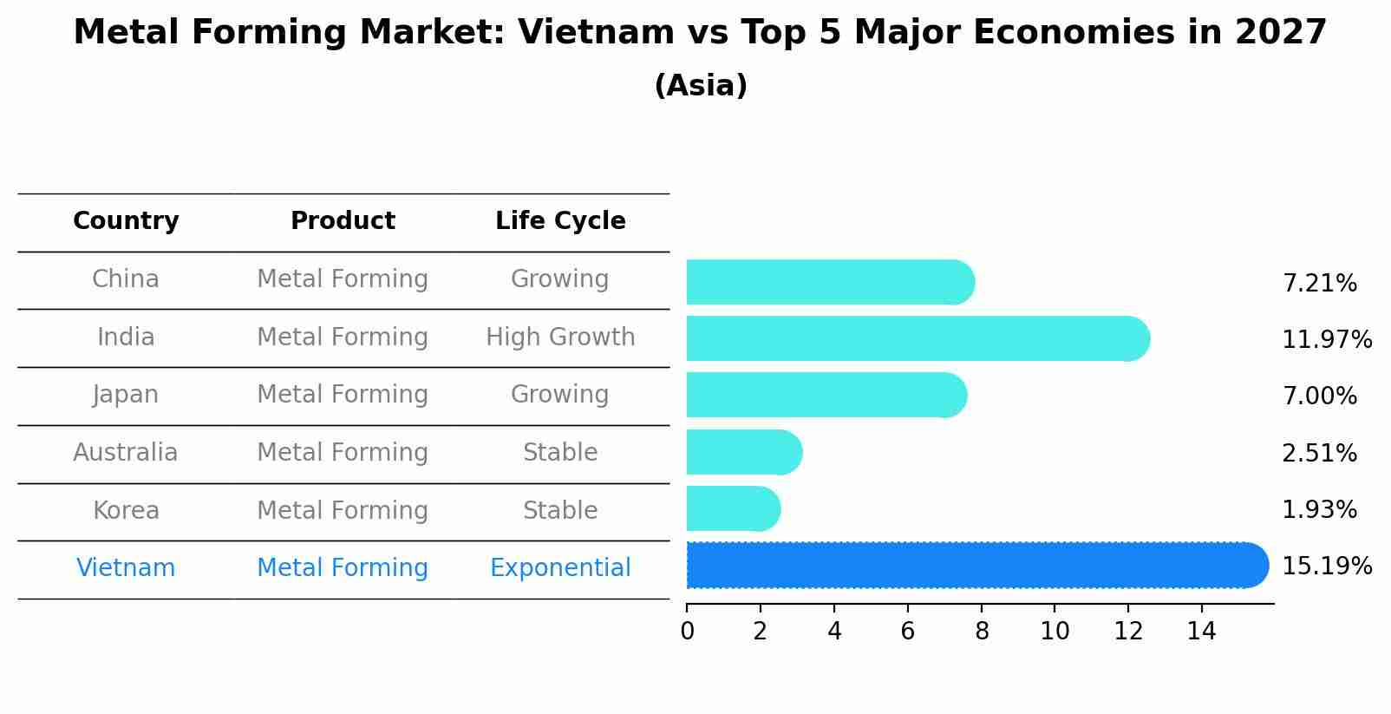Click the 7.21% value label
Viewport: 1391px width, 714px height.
pyautogui.click(x=1318, y=284)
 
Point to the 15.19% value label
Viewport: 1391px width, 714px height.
pyautogui.click(x=1326, y=567)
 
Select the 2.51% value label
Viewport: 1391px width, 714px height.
pyautogui.click(x=1318, y=454)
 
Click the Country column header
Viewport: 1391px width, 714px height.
pyautogui.click(x=126, y=221)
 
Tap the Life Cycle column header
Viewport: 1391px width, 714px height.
pyautogui.click(x=560, y=221)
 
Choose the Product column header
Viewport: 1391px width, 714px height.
pyautogui.click(x=343, y=221)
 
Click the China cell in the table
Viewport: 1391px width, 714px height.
pyautogui.click(x=126, y=279)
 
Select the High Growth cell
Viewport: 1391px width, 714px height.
pyautogui.click(x=560, y=337)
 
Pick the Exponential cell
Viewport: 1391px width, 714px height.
pyautogui.click(x=560, y=568)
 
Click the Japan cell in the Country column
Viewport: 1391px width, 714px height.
pyautogui.click(x=126, y=395)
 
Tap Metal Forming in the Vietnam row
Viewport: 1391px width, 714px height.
pyautogui.click(x=343, y=568)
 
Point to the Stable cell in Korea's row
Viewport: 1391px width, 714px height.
pyautogui.click(x=560, y=510)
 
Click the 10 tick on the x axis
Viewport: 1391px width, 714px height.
pyautogui.click(x=1055, y=632)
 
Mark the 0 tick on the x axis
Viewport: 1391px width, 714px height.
pyautogui.click(x=687, y=632)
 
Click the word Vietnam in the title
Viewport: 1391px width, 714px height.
pyautogui.click(x=596, y=33)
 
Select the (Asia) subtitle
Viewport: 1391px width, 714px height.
pyautogui.click(x=700, y=86)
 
